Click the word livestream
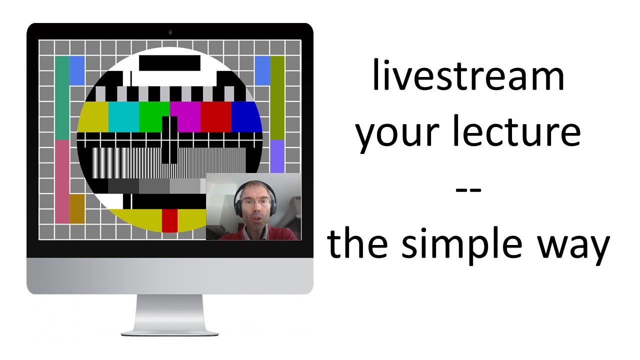point(468,75)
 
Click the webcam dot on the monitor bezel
point(170,32)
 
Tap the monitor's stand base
point(169,329)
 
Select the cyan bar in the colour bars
point(123,116)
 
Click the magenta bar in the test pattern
point(185,116)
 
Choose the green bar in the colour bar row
point(154,116)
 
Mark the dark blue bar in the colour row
point(246,116)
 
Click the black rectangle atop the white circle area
point(169,63)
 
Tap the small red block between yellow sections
point(169,220)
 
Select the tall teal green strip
point(62,97)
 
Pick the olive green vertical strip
point(277,97)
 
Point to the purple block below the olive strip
point(277,156)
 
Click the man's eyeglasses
point(255,203)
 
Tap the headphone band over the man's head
point(255,183)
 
